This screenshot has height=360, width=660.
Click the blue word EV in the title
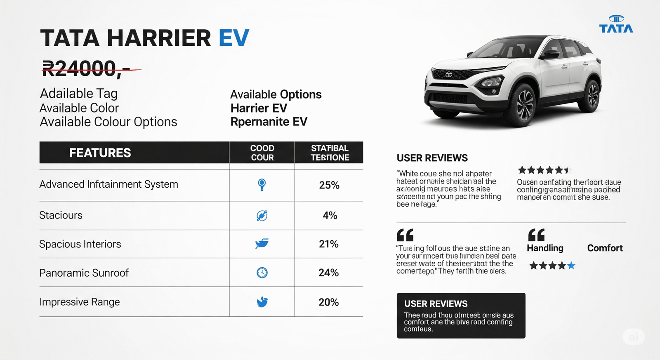pos(233,38)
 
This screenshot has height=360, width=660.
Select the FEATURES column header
pos(100,153)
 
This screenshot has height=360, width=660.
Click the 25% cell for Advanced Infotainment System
pos(329,185)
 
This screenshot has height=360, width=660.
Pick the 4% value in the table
pos(330,215)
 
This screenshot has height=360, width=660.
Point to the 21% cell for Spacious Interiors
pos(328,244)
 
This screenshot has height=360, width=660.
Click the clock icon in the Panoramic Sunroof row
pos(262,273)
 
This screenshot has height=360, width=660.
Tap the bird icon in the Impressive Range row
pos(262,302)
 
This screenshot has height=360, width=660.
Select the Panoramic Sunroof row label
pos(84,273)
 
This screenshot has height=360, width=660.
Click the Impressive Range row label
pos(80,302)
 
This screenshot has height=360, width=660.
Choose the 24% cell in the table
pos(328,273)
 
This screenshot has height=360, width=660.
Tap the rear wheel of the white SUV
pos(592,96)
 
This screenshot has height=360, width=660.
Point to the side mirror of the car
pos(552,54)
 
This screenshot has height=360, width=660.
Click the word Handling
pos(545,248)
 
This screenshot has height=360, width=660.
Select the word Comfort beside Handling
pos(605,248)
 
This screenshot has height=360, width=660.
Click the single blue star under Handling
pos(571,266)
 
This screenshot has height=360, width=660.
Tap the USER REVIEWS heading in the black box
pos(436,304)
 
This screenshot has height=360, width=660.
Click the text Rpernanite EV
pos(269,122)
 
